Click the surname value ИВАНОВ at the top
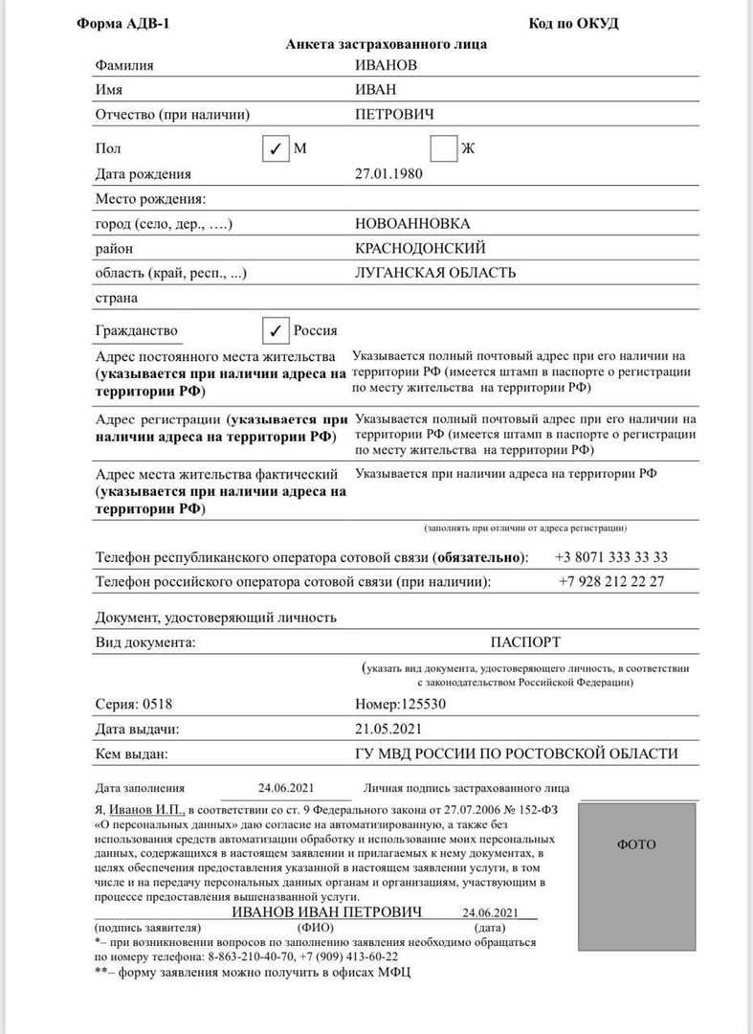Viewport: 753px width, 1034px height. [387, 65]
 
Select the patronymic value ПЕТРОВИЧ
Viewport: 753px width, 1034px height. [394, 115]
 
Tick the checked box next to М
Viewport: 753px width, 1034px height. [275, 149]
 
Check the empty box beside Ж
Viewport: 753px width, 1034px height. [443, 149]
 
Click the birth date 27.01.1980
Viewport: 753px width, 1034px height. [388, 174]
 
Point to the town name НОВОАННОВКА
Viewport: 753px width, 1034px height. [412, 224]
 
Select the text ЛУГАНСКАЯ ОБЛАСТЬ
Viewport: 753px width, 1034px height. [435, 273]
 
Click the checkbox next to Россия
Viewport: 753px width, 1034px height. [275, 330]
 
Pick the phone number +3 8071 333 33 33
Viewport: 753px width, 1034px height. [611, 557]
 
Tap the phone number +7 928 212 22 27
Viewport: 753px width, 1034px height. [611, 582]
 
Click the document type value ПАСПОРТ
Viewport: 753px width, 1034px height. [525, 641]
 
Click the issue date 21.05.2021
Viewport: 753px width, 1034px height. [388, 730]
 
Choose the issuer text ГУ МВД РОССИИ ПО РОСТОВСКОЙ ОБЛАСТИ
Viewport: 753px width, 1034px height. [516, 754]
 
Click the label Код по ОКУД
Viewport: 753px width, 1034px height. [573, 24]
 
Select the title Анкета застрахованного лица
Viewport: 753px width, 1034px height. [387, 44]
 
